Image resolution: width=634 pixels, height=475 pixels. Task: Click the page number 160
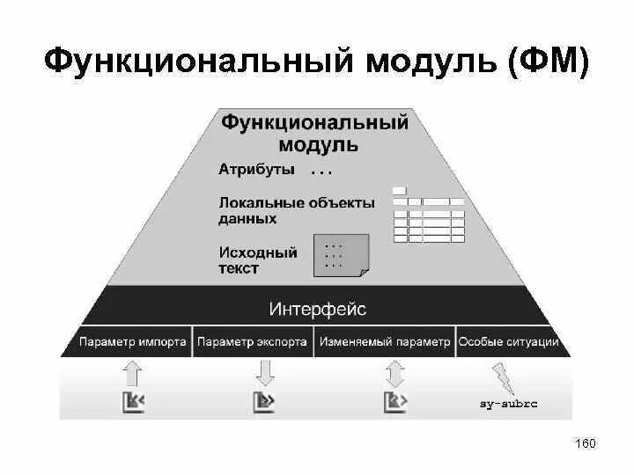click(x=586, y=443)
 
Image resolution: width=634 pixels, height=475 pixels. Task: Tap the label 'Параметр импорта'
click(x=132, y=342)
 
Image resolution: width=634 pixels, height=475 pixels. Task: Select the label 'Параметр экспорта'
click(x=253, y=342)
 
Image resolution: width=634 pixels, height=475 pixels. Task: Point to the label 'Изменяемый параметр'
click(x=385, y=342)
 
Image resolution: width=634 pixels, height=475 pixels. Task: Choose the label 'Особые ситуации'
click(x=509, y=342)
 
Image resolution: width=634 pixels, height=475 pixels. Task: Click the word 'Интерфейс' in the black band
click(x=317, y=310)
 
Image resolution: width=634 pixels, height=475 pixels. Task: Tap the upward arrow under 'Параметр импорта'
click(x=133, y=373)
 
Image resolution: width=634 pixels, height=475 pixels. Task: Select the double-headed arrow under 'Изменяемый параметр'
click(x=394, y=374)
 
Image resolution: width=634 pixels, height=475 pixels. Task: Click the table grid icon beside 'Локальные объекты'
click(x=428, y=216)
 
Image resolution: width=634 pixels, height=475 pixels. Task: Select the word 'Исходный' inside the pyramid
click(x=258, y=252)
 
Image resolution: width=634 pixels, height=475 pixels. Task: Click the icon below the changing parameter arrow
click(x=394, y=402)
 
